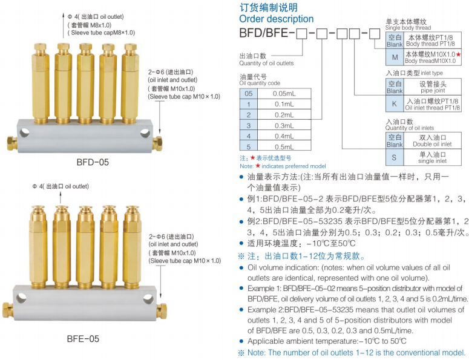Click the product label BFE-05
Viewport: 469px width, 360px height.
point(83,339)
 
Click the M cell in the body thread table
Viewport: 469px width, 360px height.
point(395,57)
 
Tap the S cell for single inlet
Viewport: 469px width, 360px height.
point(395,157)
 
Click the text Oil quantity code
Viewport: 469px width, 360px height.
point(260,83)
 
